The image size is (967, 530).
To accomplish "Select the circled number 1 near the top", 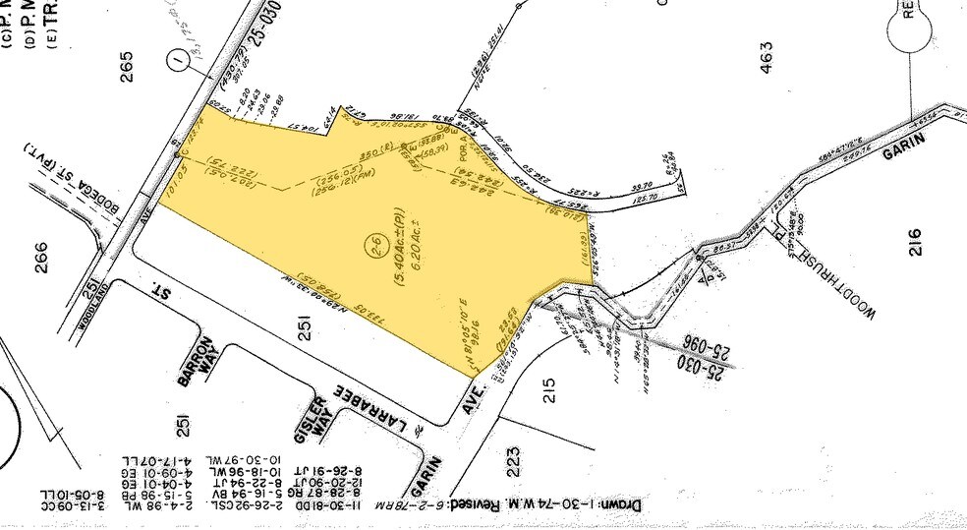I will [178, 61].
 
